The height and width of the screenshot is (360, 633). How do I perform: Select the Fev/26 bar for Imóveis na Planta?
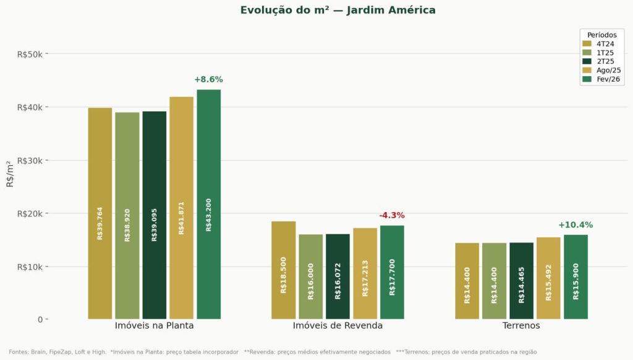[x=208, y=204]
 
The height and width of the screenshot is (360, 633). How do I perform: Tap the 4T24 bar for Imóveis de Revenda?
[x=283, y=270]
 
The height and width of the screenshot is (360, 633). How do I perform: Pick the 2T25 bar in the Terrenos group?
[x=521, y=281]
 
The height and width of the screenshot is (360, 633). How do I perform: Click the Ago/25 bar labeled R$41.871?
[x=181, y=208]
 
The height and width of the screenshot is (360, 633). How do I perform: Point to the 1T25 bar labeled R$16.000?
[x=310, y=276]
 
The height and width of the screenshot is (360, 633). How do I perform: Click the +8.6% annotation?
[x=208, y=80]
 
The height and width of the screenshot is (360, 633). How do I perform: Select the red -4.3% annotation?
[x=391, y=215]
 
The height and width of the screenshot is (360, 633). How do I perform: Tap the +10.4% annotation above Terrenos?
[x=575, y=225]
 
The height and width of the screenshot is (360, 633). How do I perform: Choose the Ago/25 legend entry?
[x=600, y=71]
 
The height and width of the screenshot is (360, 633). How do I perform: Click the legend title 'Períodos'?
[x=601, y=35]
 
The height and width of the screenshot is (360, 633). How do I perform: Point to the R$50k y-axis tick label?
[x=30, y=54]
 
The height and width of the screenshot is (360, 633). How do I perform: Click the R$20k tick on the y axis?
[x=30, y=213]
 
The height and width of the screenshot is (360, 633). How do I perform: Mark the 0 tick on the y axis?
[x=40, y=320]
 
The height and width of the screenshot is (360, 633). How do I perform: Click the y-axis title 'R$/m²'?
[x=10, y=174]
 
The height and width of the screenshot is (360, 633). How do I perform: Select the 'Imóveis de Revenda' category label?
[x=338, y=325]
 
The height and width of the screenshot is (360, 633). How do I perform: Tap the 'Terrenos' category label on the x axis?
[x=521, y=325]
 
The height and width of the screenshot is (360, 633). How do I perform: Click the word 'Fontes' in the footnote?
[x=19, y=352]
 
